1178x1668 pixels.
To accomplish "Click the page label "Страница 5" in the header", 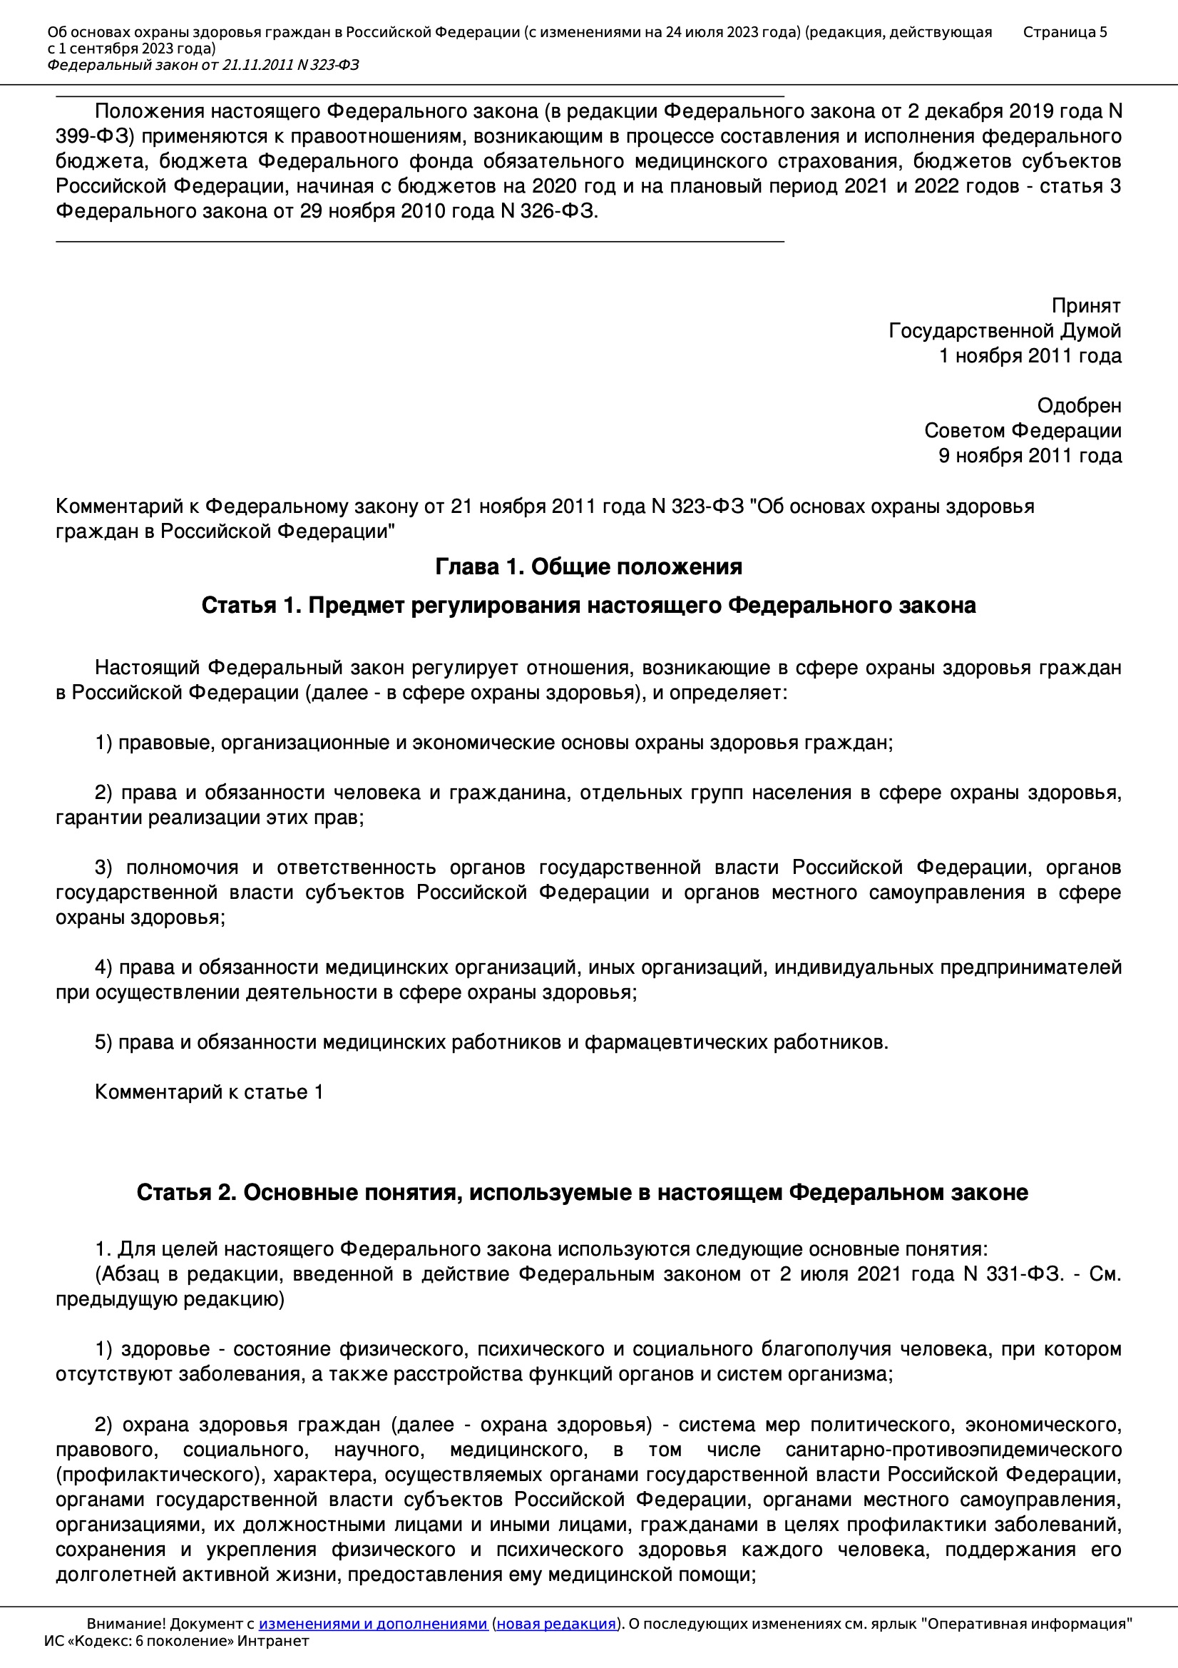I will click(x=1065, y=32).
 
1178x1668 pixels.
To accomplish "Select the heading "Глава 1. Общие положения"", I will click(x=588, y=566).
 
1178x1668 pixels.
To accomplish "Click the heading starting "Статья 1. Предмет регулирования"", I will click(x=588, y=605).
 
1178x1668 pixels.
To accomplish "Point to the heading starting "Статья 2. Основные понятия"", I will click(x=582, y=1192).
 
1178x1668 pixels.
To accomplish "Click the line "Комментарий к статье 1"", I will click(x=209, y=1092).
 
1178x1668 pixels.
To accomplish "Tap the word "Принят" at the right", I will click(x=1086, y=306).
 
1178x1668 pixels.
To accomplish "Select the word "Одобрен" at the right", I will click(x=1078, y=405).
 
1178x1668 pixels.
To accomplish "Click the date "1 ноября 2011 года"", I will click(x=1030, y=356).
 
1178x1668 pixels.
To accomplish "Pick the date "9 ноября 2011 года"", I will click(x=1030, y=455).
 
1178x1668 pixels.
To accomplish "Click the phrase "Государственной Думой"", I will click(x=1005, y=331).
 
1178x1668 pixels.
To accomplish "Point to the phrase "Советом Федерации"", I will click(x=1023, y=431).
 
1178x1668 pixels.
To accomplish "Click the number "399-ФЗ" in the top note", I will click(x=95, y=136).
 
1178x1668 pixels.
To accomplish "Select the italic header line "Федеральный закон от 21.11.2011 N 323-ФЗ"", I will click(x=203, y=66).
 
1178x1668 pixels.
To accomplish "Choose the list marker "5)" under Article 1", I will click(x=104, y=1042).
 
